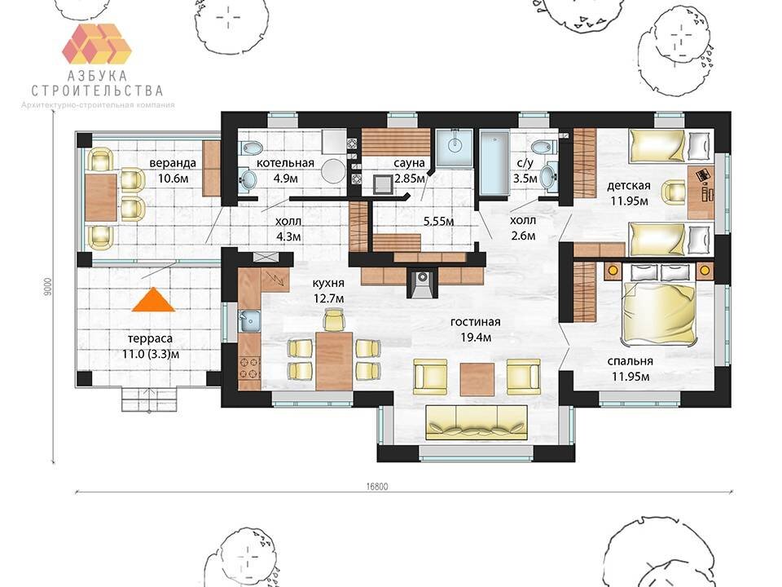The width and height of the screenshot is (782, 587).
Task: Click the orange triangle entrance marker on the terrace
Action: pyautogui.click(x=154, y=301)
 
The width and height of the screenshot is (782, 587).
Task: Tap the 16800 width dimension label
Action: pyautogui.click(x=377, y=487)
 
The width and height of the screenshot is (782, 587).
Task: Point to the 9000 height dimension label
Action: pyautogui.click(x=48, y=287)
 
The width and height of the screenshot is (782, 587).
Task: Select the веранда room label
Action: pyautogui.click(x=173, y=163)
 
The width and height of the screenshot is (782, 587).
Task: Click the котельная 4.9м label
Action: pyautogui.click(x=285, y=170)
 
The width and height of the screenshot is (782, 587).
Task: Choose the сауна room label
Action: pyautogui.click(x=409, y=163)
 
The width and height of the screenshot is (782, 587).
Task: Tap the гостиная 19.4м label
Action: pyautogui.click(x=475, y=329)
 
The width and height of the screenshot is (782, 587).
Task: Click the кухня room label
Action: pyautogui.click(x=328, y=283)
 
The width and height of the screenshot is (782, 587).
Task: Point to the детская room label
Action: pyautogui.click(x=629, y=186)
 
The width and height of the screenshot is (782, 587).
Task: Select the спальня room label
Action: pyautogui.click(x=630, y=361)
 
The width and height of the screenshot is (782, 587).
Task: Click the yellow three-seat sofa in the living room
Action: pyautogui.click(x=477, y=422)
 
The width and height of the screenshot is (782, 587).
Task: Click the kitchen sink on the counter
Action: pyautogui.click(x=249, y=321)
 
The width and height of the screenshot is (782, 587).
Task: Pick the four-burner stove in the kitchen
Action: pyautogui.click(x=249, y=368)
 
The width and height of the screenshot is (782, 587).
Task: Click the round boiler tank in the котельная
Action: pyautogui.click(x=333, y=172)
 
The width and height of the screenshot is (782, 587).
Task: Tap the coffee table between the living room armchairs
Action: pyautogui.click(x=477, y=379)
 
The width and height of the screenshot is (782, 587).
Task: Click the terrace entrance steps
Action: pyautogui.click(x=149, y=399)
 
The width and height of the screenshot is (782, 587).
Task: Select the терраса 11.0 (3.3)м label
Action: pyautogui.click(x=150, y=346)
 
